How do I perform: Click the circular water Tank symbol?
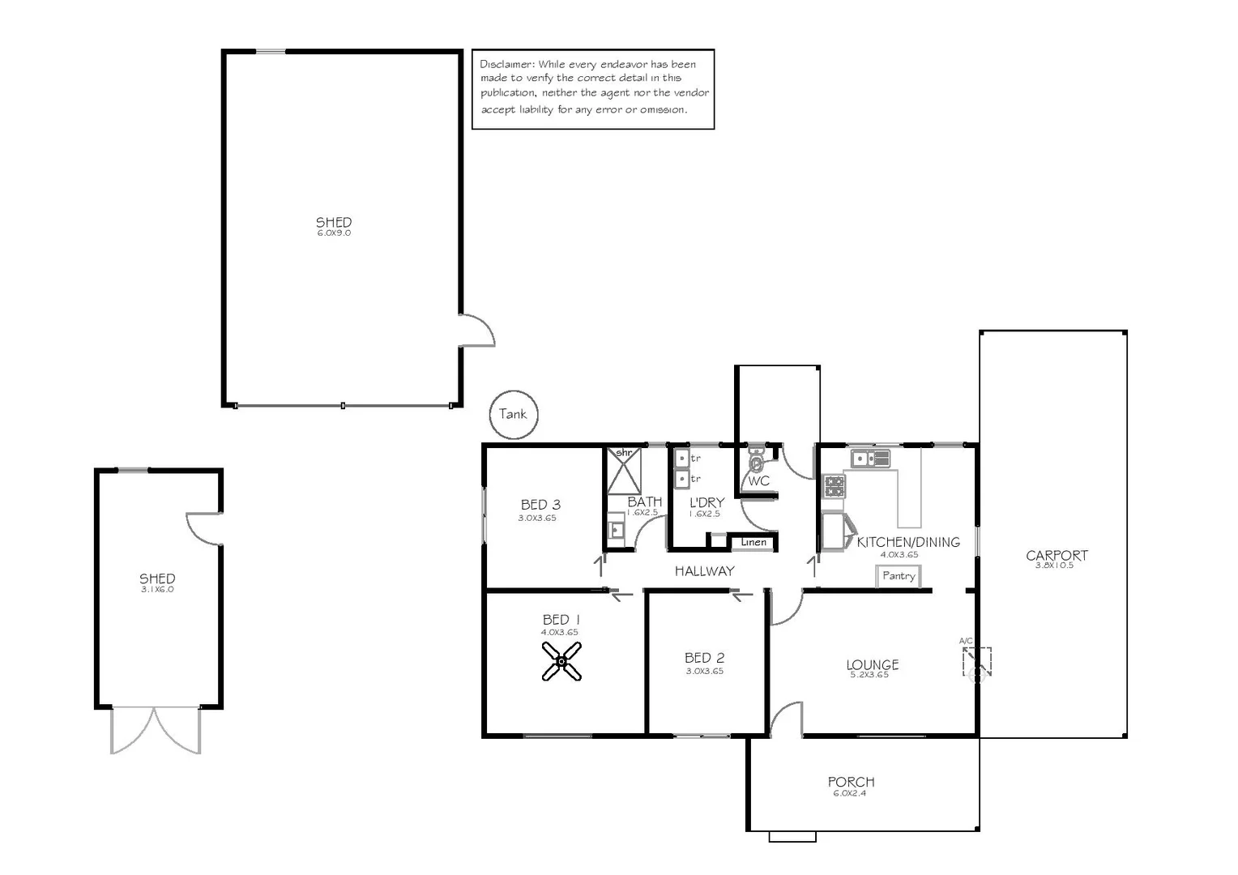[514, 414]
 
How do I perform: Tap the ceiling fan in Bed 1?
[561, 661]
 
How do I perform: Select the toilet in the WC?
[756, 463]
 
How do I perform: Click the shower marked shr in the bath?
[624, 470]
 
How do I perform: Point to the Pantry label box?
[899, 576]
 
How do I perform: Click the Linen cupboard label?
[753, 542]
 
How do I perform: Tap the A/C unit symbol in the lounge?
[977, 662]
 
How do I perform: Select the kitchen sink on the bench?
[869, 459]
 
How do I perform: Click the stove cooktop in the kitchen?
[835, 487]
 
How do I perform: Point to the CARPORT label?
[1057, 556]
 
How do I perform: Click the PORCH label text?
[851, 782]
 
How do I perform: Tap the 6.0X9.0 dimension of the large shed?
[334, 233]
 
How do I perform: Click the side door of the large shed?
[476, 331]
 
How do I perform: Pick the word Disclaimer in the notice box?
[506, 64]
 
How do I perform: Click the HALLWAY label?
[704, 571]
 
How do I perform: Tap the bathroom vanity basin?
[616, 530]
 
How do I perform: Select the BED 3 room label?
[540, 505]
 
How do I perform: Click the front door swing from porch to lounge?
[786, 719]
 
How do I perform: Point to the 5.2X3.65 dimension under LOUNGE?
[869, 675]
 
